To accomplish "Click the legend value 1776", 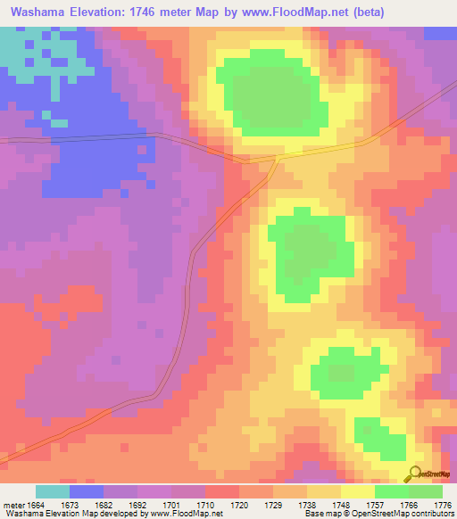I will (x=442, y=505).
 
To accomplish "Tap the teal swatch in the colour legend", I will (x=53, y=491).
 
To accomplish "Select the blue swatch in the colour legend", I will (x=87, y=491).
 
